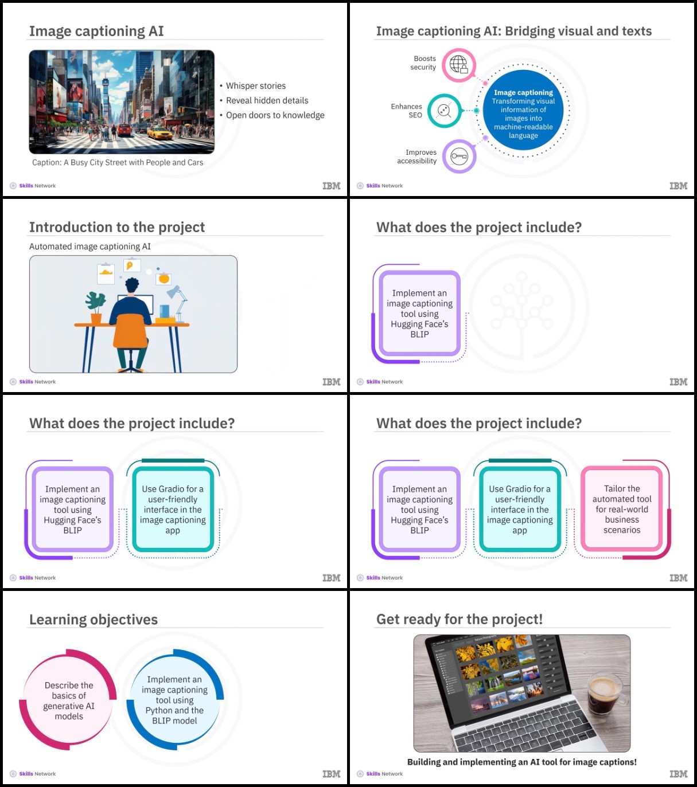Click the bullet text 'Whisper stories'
[x=256, y=86]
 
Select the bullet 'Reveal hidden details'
[x=267, y=101]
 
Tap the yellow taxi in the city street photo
[x=159, y=133]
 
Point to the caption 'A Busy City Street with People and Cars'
[x=133, y=162]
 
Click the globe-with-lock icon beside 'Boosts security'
[x=459, y=64]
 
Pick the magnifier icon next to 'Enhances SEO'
[x=445, y=111]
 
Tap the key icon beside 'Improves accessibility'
[x=459, y=156]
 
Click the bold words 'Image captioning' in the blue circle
[x=523, y=92]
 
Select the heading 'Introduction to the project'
[x=117, y=227]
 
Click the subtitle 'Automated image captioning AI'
[x=90, y=246]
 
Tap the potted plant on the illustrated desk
[x=96, y=307]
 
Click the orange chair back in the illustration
[x=130, y=330]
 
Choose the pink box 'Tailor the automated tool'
[x=622, y=509]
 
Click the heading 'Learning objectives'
[x=94, y=620]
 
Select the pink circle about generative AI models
[x=68, y=700]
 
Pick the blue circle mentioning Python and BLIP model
[x=174, y=700]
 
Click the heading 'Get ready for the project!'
[x=460, y=619]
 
